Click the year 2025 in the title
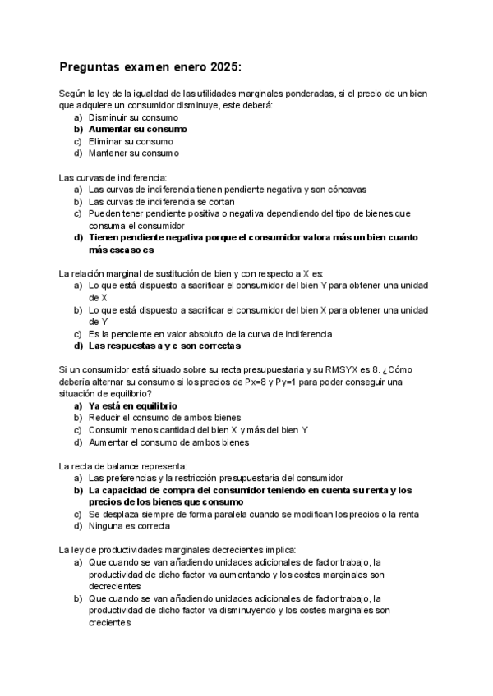point(221,67)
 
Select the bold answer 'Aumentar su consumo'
point(137,129)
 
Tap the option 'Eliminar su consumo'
point(131,141)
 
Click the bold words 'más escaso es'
point(121,250)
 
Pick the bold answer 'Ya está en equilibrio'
point(132,405)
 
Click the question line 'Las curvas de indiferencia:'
point(113,177)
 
